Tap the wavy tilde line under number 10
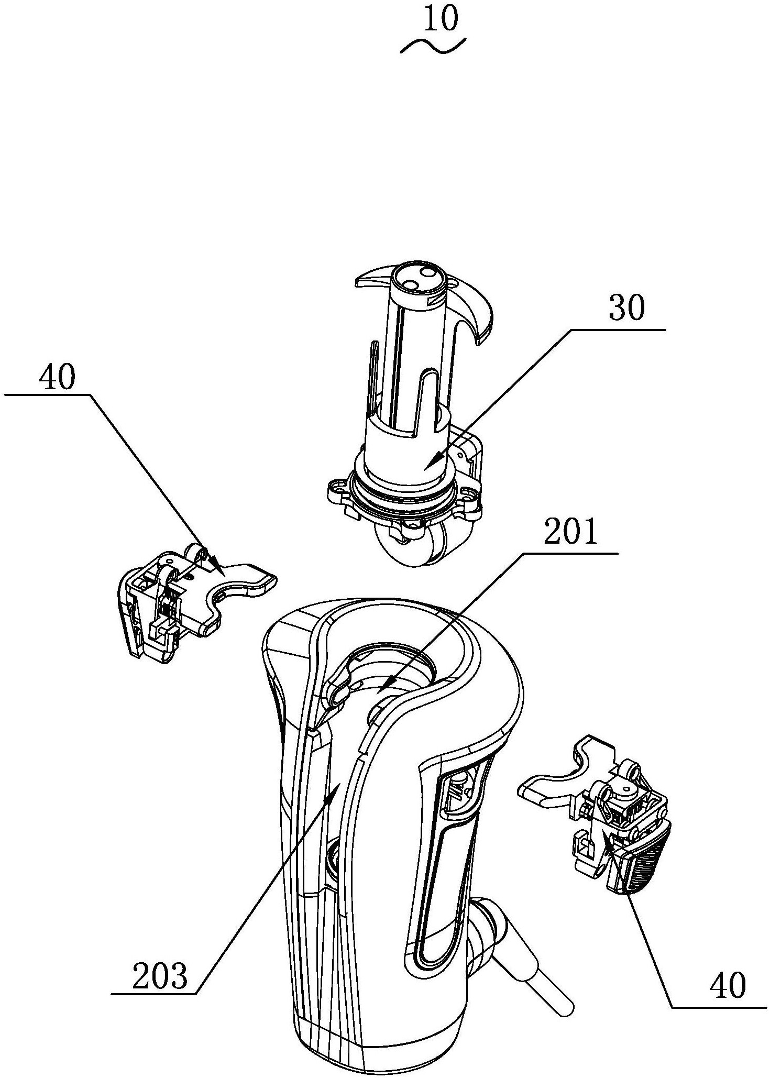pyautogui.click(x=433, y=46)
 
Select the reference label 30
pyautogui.click(x=628, y=309)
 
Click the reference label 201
pyautogui.click(x=571, y=533)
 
